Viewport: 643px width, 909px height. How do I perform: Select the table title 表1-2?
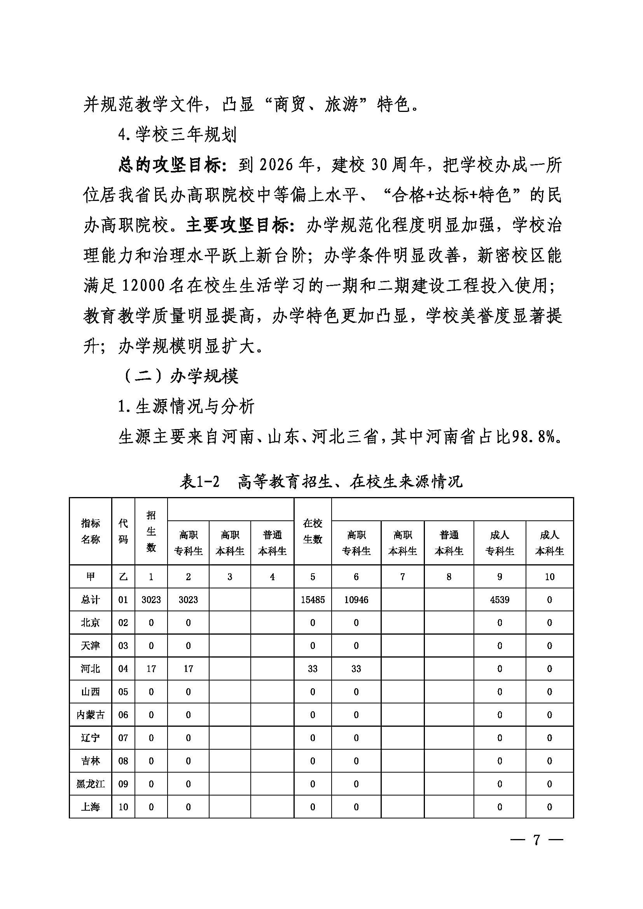(199, 482)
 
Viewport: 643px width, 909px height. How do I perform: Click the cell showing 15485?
(313, 600)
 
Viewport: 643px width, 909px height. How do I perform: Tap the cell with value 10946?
(356, 600)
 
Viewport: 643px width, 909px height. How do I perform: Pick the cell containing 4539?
(499, 600)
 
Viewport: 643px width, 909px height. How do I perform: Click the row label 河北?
(90, 669)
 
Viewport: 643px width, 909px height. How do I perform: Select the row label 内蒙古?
(90, 715)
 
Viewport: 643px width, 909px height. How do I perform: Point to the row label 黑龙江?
(90, 783)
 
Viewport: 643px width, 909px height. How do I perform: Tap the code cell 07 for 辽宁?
(123, 738)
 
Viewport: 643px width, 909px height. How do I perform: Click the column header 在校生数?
(313, 531)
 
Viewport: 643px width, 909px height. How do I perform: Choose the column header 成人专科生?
(499, 543)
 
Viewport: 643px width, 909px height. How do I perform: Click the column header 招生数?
(151, 531)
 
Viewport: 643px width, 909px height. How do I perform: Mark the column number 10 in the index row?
(549, 577)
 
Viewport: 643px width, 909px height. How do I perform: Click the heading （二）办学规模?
(180, 376)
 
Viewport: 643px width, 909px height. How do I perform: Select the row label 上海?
(90, 806)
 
